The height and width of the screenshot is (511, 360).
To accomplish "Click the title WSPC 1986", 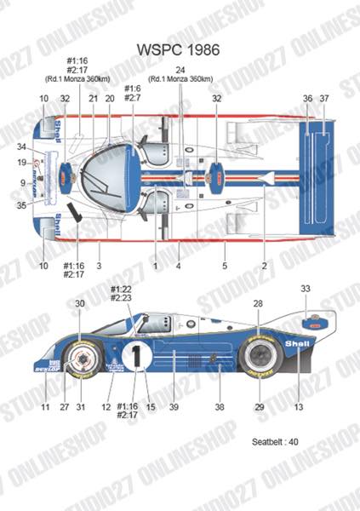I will [x=180, y=50].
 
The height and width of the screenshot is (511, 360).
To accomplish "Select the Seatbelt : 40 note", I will [x=277, y=442].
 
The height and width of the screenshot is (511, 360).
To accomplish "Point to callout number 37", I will [x=324, y=100].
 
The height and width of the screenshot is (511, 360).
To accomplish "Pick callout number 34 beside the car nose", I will [x=20, y=147].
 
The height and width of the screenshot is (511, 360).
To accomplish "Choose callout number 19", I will [x=20, y=163].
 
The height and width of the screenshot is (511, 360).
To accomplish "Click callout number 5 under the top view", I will [x=226, y=267].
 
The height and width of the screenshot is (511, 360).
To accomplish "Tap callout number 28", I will [x=257, y=304].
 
